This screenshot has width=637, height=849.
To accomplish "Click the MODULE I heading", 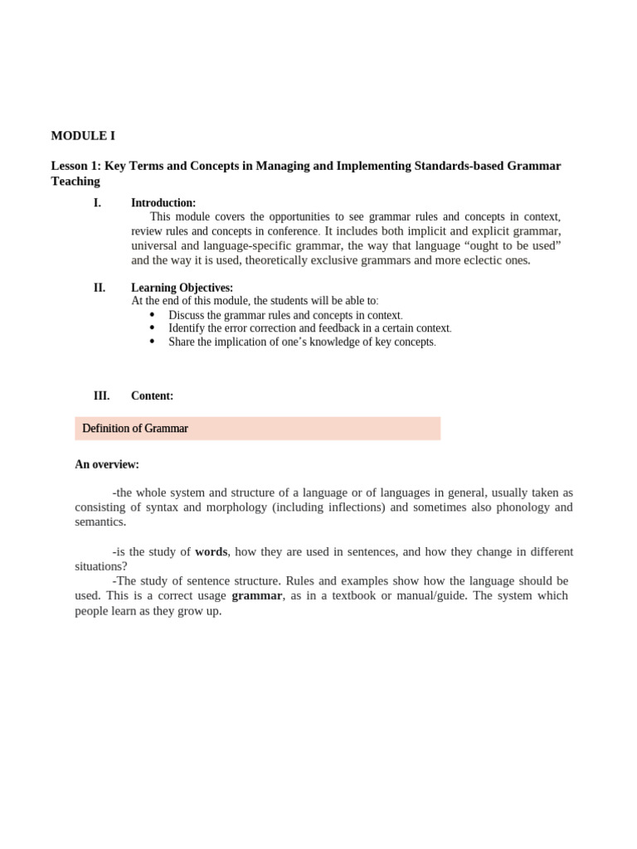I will click(83, 136).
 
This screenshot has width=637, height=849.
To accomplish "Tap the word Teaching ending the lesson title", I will click(75, 182).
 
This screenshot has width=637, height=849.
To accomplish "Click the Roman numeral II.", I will click(100, 288).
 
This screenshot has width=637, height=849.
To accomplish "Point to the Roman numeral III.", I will click(101, 396).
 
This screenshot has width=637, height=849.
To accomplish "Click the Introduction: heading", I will click(163, 203).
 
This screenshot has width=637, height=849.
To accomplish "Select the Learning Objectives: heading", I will click(182, 288).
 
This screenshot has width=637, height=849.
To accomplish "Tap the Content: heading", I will click(152, 396).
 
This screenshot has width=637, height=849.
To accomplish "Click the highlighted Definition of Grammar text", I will click(135, 429).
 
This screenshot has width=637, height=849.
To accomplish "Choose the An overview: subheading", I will click(107, 464).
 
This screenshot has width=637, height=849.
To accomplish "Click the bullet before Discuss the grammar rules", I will click(153, 315).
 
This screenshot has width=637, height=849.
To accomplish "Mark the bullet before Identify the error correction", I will click(153, 328).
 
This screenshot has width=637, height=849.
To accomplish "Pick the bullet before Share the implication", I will click(153, 342).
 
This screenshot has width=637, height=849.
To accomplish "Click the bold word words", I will click(211, 552).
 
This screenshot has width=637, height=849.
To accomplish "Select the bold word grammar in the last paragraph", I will click(256, 596).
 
